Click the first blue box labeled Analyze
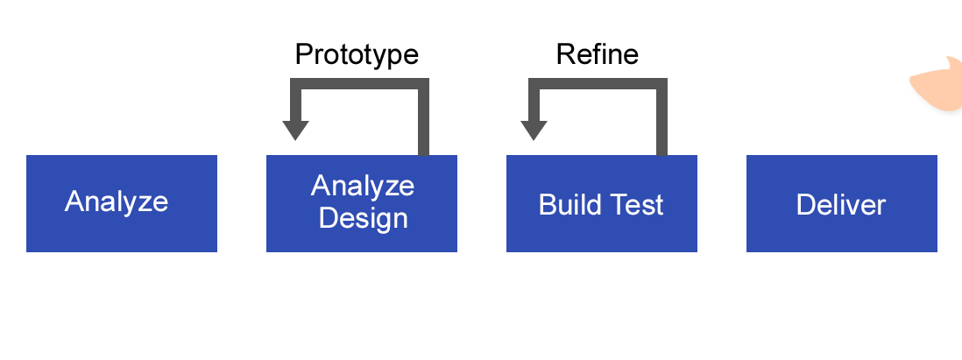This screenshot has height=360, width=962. (x=122, y=203)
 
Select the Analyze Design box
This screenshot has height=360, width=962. (x=361, y=203)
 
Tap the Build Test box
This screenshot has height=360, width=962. (x=601, y=203)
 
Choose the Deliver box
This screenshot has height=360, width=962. (x=842, y=203)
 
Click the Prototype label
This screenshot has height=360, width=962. (x=357, y=55)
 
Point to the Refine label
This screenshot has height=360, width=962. (x=597, y=54)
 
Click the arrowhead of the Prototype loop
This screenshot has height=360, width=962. (x=295, y=130)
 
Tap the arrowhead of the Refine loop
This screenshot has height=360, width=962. (x=534, y=130)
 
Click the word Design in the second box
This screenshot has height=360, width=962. (x=364, y=219)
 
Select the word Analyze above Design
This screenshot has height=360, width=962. (x=363, y=185)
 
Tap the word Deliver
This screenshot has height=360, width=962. (x=841, y=205)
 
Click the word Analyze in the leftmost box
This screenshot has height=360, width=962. (x=117, y=201)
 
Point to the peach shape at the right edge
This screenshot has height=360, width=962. (x=938, y=86)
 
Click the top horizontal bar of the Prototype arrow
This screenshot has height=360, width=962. (x=359, y=84)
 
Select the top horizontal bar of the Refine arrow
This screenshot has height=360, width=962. (x=598, y=84)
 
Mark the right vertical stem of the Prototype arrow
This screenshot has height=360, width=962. (x=423, y=117)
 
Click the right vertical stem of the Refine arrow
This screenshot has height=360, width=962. (x=662, y=117)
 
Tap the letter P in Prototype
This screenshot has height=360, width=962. (x=304, y=54)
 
